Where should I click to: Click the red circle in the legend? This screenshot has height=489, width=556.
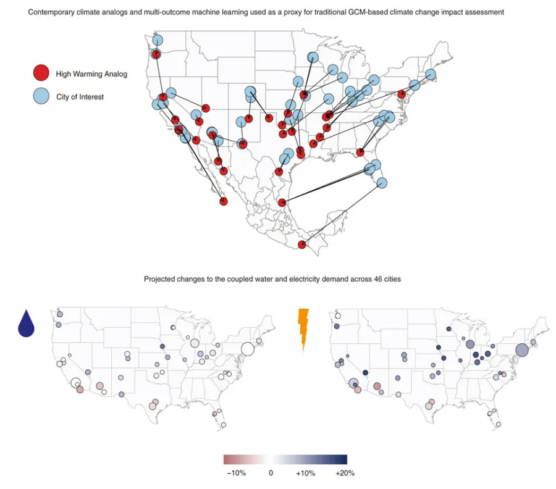pyautogui.click(x=41, y=73)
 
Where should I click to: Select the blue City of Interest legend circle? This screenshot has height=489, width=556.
pyautogui.click(x=41, y=96)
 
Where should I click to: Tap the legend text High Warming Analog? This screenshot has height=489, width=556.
pyautogui.click(x=91, y=74)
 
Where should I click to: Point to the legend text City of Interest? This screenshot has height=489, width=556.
pyautogui.click(x=80, y=97)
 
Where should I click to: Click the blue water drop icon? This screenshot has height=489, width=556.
pyautogui.click(x=26, y=324)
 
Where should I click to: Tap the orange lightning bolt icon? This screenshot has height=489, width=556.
pyautogui.click(x=302, y=329)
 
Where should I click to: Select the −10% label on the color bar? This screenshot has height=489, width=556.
pyautogui.click(x=237, y=474)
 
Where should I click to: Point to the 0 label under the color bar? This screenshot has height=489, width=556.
pyautogui.click(x=271, y=474)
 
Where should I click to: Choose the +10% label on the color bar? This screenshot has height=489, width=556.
pyautogui.click(x=306, y=474)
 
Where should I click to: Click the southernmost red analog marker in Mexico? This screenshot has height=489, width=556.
pyautogui.click(x=302, y=245)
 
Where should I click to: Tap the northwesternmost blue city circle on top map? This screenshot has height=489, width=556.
pyautogui.click(x=157, y=40)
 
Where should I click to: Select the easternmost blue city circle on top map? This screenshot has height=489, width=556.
pyautogui.click(x=431, y=75)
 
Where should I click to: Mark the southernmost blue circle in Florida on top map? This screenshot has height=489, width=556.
pyautogui.click(x=382, y=183)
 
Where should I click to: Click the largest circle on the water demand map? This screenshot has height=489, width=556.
pyautogui.click(x=247, y=349)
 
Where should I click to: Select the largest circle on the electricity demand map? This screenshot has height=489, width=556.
pyautogui.click(x=521, y=350)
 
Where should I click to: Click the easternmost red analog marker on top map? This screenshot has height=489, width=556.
pyautogui.click(x=402, y=94)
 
